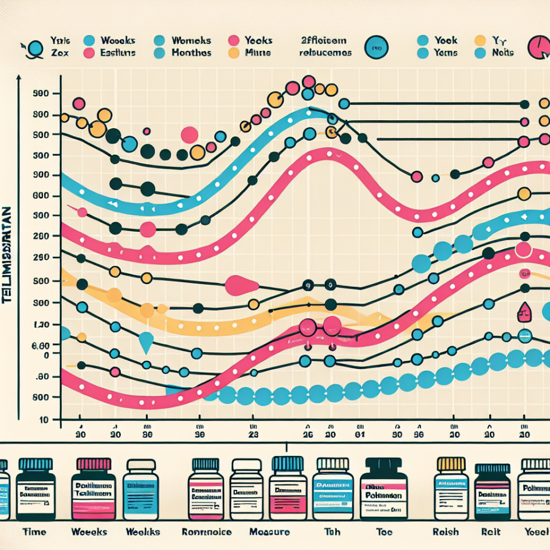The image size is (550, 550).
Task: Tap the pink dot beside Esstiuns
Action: (x=89, y=53)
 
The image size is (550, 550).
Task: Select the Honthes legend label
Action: (x=191, y=53)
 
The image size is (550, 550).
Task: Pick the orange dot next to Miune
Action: (x=233, y=53)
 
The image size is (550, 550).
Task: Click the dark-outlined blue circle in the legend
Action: (x=377, y=48)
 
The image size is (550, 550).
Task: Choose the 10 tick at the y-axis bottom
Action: (x=42, y=420)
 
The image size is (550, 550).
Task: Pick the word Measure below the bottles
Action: (x=270, y=532)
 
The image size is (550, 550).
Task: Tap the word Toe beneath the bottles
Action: (x=384, y=532)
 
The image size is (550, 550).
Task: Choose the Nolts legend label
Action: (x=502, y=53)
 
